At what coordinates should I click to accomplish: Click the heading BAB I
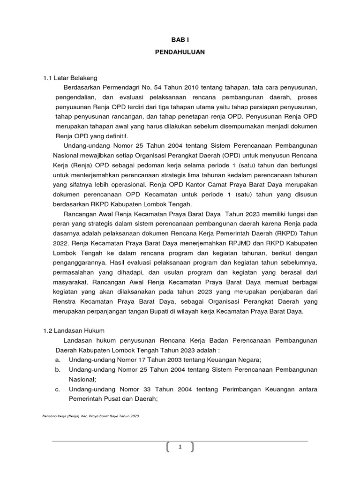coord(180,41)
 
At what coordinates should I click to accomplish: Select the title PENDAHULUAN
coord(180,52)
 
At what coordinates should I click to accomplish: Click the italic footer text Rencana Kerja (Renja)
coord(60,416)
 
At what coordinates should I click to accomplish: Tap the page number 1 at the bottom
coord(180,447)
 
